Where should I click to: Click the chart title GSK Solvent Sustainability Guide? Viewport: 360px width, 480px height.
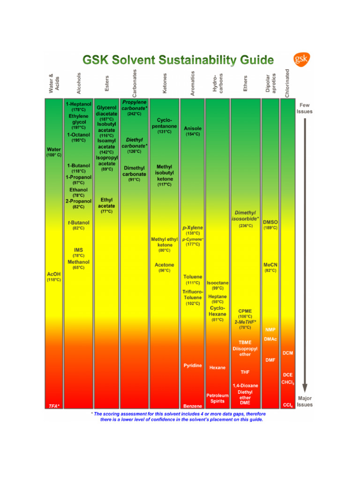click(178, 60)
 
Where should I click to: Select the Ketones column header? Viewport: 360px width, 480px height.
click(165, 83)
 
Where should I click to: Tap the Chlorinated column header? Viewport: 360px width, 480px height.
click(287, 83)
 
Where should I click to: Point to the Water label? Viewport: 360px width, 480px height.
click(53, 150)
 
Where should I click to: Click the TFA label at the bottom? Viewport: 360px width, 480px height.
click(54, 405)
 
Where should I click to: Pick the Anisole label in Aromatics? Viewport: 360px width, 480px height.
click(193, 128)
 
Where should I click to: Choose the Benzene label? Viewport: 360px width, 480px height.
click(193, 406)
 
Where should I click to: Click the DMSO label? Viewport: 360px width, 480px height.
click(270, 222)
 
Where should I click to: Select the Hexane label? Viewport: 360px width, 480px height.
click(217, 368)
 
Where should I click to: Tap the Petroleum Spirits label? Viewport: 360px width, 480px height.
click(217, 398)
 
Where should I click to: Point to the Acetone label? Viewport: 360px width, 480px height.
click(165, 265)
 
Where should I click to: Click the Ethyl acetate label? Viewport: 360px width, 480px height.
click(106, 203)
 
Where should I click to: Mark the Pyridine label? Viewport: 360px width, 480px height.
click(193, 365)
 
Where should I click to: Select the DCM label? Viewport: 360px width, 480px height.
click(287, 353)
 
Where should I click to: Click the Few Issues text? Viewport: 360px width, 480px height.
click(305, 108)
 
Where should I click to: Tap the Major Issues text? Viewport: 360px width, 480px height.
click(305, 401)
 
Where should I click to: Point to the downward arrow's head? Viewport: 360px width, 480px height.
click(305, 388)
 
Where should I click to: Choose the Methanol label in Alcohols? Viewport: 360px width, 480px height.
click(78, 262)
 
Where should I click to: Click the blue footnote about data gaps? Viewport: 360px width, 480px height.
click(179, 417)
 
